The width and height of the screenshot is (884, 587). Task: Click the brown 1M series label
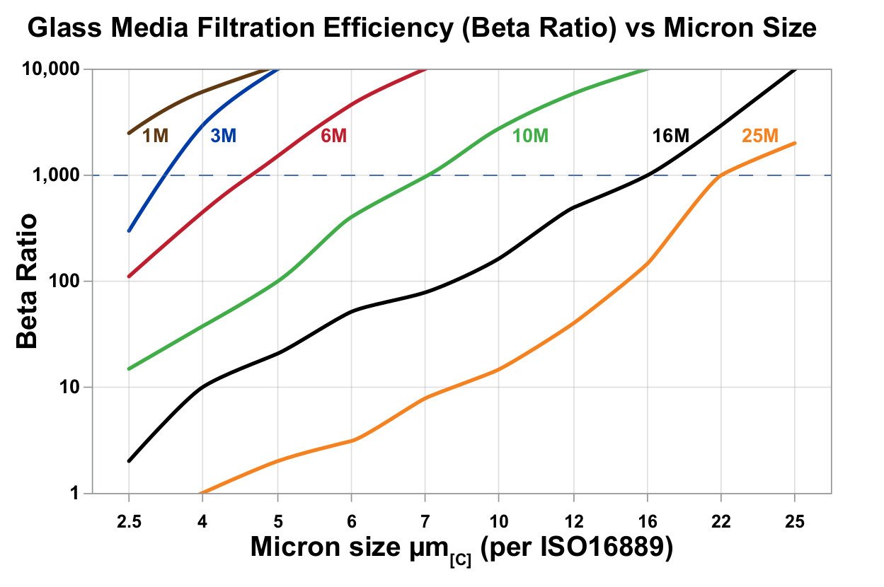pos(156,136)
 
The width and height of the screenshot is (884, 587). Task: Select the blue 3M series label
pos(223,136)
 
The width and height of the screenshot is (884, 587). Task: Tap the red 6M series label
pos(334,136)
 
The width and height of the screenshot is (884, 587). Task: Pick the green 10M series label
pos(530,136)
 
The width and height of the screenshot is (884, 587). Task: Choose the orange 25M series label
pos(760,135)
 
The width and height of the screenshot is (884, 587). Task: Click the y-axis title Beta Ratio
pos(27,281)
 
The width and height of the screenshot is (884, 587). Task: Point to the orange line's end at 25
pos(794,144)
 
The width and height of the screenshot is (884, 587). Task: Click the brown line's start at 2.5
pos(129,133)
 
